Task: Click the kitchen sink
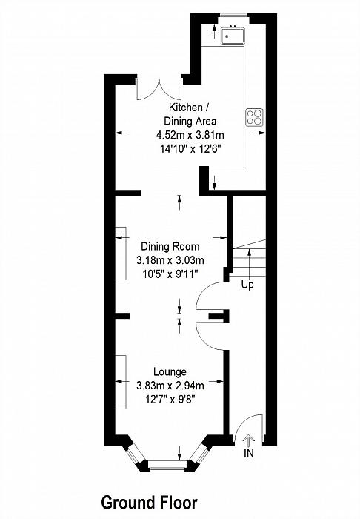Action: (233, 35)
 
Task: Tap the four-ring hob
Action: (254, 117)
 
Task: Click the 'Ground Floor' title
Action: (149, 503)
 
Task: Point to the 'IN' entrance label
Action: (249, 453)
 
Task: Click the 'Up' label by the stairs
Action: (247, 285)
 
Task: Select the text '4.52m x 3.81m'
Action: (190, 135)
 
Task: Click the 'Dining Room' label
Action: (170, 247)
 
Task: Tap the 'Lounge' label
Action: (170, 372)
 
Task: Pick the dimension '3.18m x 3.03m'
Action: (170, 260)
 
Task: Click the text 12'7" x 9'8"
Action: (170, 400)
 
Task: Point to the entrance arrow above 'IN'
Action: (249, 441)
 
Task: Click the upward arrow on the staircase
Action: (249, 262)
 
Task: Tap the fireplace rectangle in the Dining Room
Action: (121, 254)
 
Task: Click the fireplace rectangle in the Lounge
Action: (121, 382)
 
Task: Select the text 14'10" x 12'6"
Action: (190, 149)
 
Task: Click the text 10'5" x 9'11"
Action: (170, 274)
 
